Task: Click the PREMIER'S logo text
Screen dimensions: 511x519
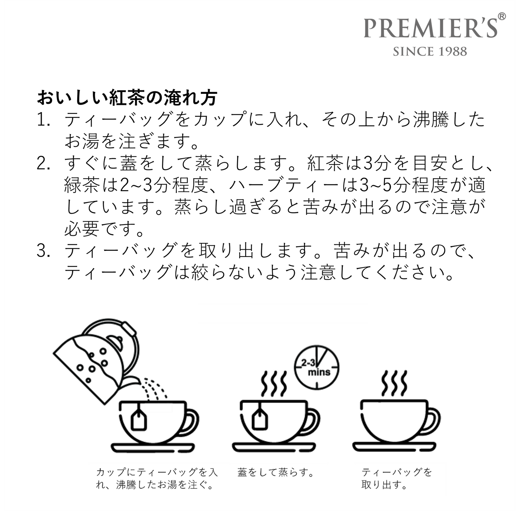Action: click(x=430, y=28)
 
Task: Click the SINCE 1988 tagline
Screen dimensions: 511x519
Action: click(x=430, y=51)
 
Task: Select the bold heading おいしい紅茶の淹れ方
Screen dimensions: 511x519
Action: click(x=127, y=98)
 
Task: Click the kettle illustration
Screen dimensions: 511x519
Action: click(x=95, y=359)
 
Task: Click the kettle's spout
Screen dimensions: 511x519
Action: click(x=131, y=382)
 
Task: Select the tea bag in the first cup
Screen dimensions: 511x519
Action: click(x=139, y=419)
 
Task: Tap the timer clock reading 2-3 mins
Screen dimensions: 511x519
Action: click(x=317, y=367)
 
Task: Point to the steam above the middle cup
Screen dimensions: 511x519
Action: click(x=274, y=383)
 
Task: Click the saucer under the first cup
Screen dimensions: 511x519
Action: click(x=153, y=447)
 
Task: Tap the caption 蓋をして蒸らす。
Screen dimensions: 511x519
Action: click(x=275, y=472)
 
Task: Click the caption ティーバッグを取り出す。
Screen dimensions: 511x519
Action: click(x=396, y=478)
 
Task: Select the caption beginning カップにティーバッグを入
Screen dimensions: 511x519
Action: click(x=157, y=478)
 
